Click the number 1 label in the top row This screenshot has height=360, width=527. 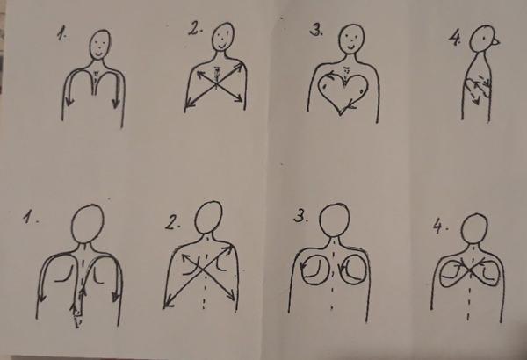click(x=62, y=34)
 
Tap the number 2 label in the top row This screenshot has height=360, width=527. click(x=195, y=29)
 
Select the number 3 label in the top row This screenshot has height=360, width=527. click(x=316, y=30)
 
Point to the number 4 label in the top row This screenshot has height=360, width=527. click(x=455, y=39)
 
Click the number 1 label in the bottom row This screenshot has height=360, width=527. click(x=30, y=217)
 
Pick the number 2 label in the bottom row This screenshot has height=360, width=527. click(x=172, y=222)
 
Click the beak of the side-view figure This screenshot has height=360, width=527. click(x=496, y=41)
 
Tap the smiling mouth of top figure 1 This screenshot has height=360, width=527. click(x=98, y=53)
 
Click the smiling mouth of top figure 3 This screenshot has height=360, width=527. click(x=350, y=47)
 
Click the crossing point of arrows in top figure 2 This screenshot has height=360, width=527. click(x=216, y=84)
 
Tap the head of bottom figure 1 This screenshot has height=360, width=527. click(x=88, y=224)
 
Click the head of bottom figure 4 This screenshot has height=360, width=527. click(x=474, y=228)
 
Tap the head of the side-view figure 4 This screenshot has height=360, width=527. click(x=482, y=38)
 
